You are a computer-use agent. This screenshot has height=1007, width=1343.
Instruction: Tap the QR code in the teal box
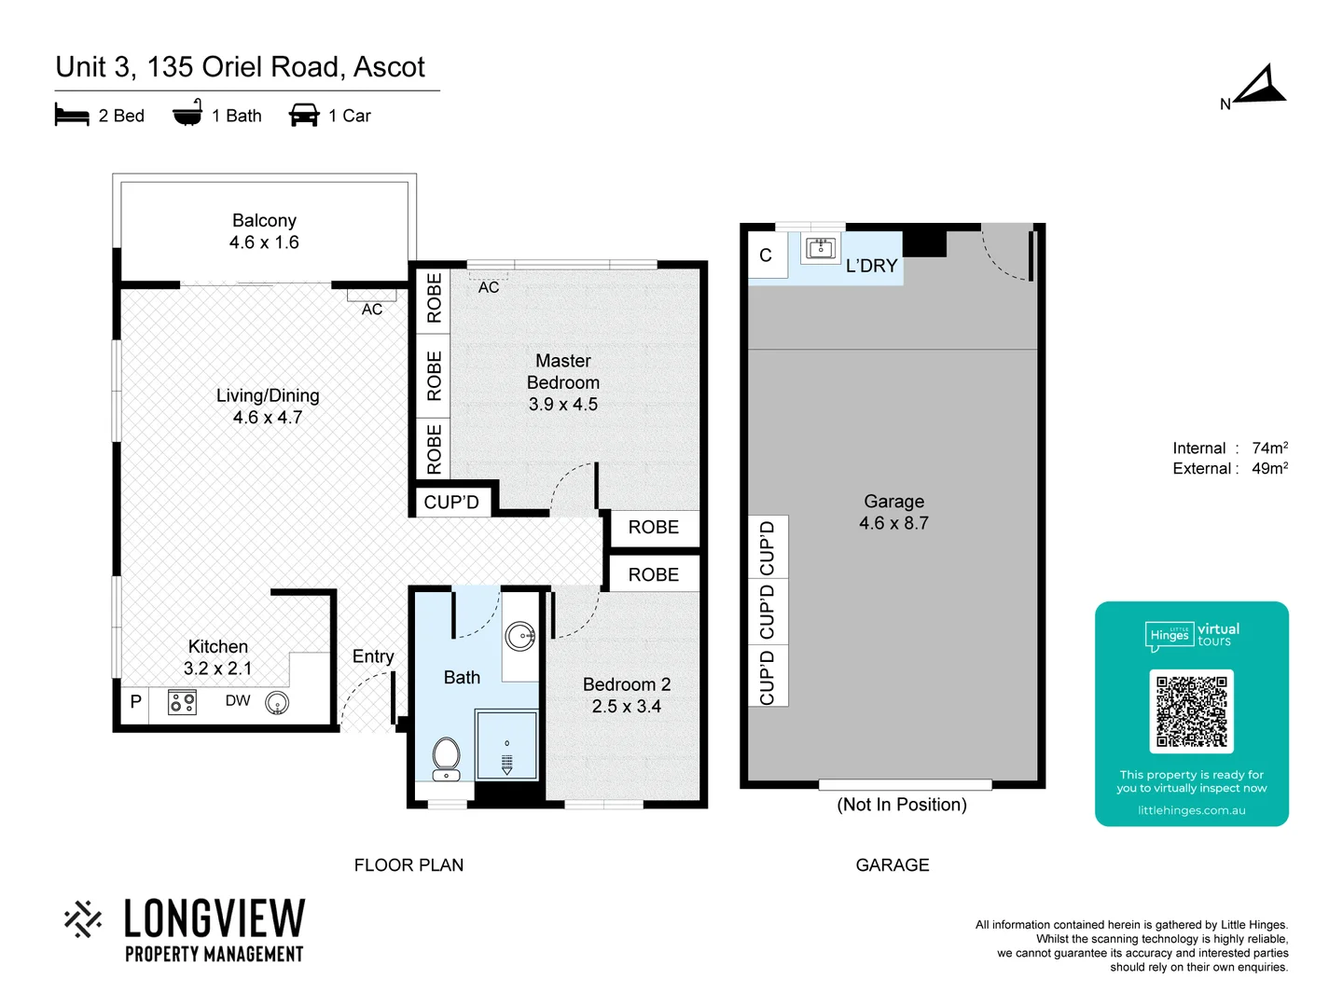click(1191, 711)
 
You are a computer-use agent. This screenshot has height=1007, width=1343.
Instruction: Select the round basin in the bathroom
click(519, 637)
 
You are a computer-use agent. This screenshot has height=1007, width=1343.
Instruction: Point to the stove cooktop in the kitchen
click(182, 702)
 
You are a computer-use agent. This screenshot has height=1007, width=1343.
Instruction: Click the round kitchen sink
click(277, 703)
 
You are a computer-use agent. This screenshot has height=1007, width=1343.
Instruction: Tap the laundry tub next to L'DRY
click(821, 249)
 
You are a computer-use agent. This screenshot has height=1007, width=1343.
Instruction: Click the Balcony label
click(264, 221)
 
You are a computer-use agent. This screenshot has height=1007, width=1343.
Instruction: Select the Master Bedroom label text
click(562, 371)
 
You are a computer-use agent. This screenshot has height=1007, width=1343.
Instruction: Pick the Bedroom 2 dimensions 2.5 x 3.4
click(626, 707)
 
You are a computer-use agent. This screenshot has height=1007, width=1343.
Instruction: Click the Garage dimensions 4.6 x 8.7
click(893, 523)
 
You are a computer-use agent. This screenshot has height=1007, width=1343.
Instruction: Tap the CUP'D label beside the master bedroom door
click(451, 503)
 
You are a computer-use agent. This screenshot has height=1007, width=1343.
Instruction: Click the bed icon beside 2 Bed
click(72, 116)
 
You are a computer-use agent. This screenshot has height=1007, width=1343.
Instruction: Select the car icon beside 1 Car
click(304, 116)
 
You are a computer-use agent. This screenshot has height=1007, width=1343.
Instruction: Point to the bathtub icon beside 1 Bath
click(187, 114)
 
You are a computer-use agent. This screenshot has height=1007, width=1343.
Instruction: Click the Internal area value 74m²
click(1269, 448)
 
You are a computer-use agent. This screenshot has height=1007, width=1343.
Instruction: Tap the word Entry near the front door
click(373, 656)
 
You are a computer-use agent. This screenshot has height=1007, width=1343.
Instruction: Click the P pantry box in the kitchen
click(136, 701)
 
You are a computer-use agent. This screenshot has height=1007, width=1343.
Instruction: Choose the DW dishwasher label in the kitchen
click(238, 700)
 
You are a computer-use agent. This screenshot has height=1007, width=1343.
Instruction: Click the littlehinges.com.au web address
click(1191, 810)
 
